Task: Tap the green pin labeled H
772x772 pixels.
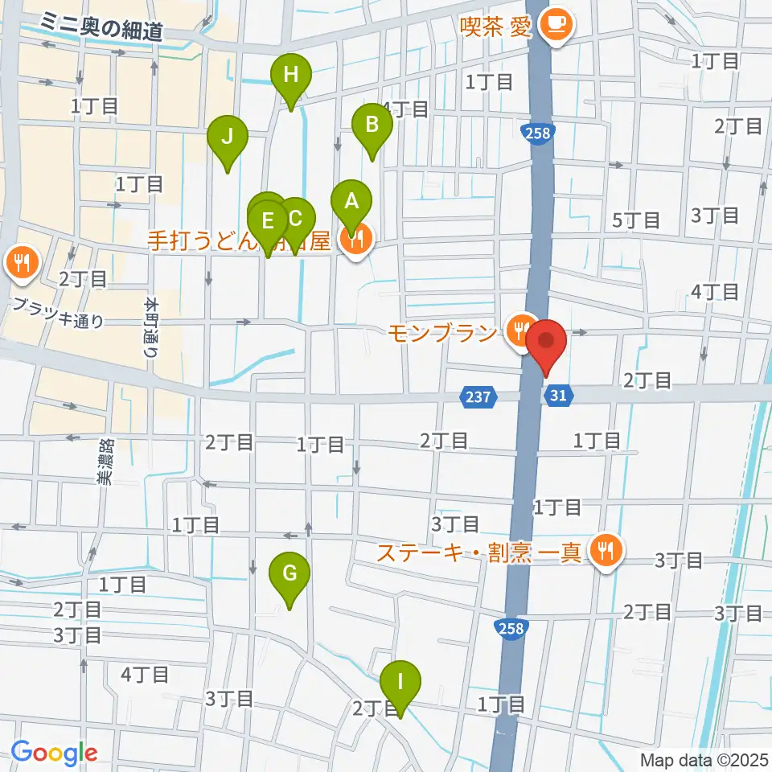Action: tap(291, 77)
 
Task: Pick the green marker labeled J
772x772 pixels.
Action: tap(228, 138)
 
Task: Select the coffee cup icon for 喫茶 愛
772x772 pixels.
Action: tap(555, 23)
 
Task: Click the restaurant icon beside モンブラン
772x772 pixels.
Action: tap(521, 327)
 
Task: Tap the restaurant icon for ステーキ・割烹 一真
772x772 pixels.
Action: tap(604, 551)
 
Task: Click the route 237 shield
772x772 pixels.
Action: tap(480, 396)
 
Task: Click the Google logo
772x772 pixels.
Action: tap(54, 754)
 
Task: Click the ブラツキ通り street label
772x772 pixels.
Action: tap(58, 314)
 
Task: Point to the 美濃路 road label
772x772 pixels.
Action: tap(105, 461)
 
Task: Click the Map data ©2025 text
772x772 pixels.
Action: tap(704, 759)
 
